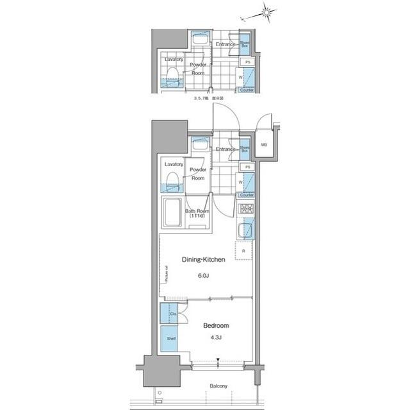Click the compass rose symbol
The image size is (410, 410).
click(266, 12)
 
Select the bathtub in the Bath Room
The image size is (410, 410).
click(173, 213)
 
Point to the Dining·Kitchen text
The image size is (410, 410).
click(204, 259)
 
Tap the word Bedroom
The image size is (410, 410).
click(216, 325)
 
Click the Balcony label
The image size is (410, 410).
click(218, 386)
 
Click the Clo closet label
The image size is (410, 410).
click(173, 314)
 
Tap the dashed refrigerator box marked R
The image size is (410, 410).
click(244, 250)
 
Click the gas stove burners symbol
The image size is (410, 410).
click(245, 209)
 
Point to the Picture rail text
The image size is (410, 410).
click(166, 274)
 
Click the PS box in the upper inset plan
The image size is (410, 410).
click(247, 62)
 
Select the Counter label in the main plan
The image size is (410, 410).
click(246, 194)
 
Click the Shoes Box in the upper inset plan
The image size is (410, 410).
click(245, 44)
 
